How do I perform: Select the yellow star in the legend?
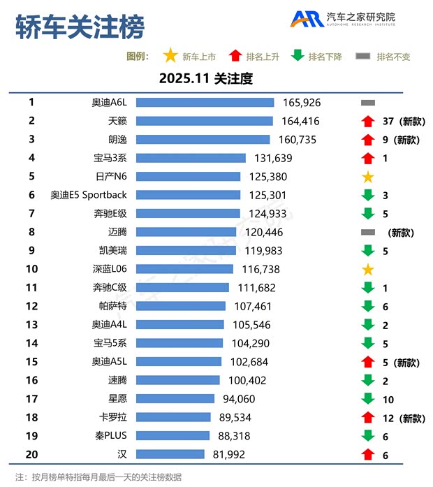(169, 56)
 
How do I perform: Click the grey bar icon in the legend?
(362, 56)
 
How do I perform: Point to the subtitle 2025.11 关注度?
(205, 78)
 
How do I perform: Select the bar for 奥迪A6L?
(205, 103)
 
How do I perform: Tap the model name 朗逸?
(117, 140)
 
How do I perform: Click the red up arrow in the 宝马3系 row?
(368, 158)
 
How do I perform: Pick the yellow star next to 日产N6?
(368, 177)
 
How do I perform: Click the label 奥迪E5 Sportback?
(89, 195)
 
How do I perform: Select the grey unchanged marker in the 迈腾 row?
(368, 232)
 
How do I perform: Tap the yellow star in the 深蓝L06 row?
(368, 269)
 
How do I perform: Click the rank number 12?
(31, 306)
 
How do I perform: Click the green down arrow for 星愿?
(368, 399)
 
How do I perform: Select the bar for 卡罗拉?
(173, 417)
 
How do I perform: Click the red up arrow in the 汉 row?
(368, 454)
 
